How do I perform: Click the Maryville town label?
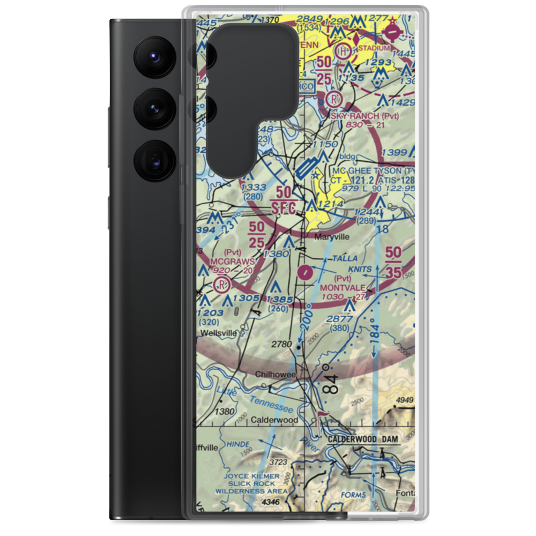(x=332, y=236)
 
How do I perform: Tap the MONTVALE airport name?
(x=343, y=287)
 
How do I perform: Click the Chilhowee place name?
(x=275, y=375)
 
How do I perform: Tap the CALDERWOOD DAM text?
(x=362, y=439)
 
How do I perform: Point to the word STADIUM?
(x=374, y=48)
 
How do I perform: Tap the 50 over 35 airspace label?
(x=393, y=262)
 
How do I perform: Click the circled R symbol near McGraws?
(x=220, y=284)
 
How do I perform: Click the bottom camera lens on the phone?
(x=153, y=159)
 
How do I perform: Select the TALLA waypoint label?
(x=344, y=258)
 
